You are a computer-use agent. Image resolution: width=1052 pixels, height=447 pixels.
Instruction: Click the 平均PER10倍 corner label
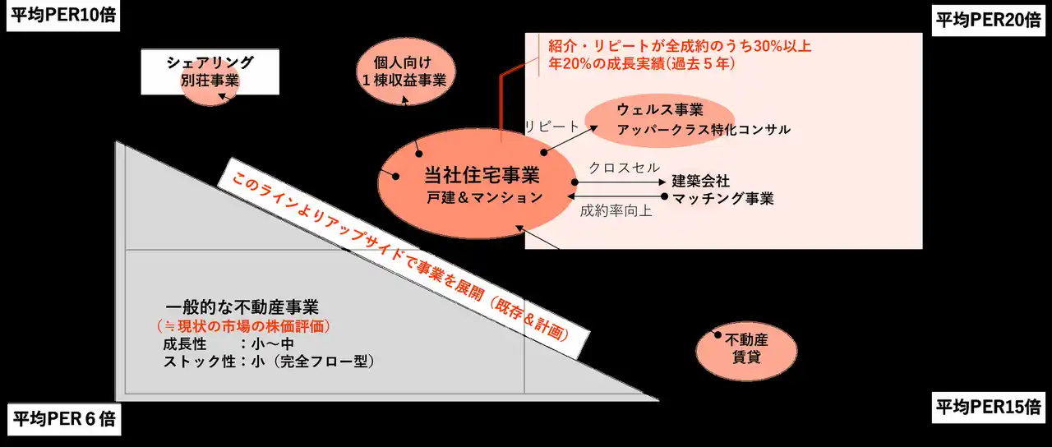tap(63, 16)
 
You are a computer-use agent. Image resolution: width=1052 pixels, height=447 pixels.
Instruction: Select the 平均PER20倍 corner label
tap(989, 21)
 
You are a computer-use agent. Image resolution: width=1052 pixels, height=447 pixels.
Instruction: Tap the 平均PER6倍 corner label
tap(64, 419)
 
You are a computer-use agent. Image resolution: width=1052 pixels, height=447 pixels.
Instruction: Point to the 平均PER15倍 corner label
tap(989, 407)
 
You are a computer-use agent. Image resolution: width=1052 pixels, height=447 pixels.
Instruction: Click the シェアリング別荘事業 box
tap(210, 71)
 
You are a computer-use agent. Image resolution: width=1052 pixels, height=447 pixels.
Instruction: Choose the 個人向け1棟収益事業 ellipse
tap(405, 71)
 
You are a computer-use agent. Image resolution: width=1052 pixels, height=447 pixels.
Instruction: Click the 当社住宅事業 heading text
tap(482, 176)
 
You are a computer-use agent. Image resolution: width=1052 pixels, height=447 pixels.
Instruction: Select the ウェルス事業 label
tap(660, 110)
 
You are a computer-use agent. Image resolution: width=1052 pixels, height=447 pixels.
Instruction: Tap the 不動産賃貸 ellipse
tap(746, 351)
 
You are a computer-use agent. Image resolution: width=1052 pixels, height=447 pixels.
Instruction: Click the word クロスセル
tap(624, 168)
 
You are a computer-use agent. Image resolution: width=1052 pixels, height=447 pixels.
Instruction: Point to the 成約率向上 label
tap(616, 211)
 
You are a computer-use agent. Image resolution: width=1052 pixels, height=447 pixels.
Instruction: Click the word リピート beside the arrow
tap(551, 127)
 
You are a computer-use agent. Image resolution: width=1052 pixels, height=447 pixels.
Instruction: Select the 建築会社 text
tap(701, 181)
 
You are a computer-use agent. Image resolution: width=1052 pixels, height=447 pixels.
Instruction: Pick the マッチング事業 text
tap(722, 199)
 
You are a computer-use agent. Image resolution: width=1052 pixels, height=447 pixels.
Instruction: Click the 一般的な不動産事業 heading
tap(242, 307)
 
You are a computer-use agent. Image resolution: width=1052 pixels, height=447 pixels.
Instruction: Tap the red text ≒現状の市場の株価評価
tap(244, 326)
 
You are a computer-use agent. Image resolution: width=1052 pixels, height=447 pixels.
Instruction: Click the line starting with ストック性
tap(269, 362)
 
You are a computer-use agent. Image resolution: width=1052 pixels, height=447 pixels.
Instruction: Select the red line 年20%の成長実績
tap(642, 63)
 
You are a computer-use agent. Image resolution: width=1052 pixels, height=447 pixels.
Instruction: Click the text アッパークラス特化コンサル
tap(704, 130)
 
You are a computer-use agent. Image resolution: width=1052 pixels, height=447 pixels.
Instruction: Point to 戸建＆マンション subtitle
tap(485, 198)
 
